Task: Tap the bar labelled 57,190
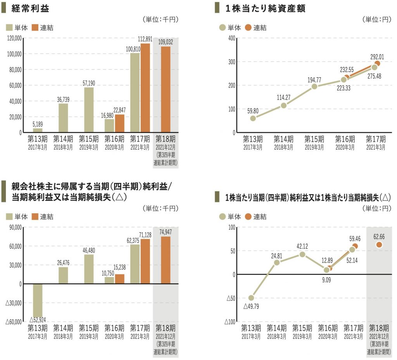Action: click(x=88, y=110)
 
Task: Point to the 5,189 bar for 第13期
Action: click(x=38, y=130)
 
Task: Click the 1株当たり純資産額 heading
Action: click(x=266, y=8)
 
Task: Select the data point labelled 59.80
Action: click(x=253, y=118)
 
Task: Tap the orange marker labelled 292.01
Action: click(x=377, y=64)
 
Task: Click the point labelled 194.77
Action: click(x=314, y=86)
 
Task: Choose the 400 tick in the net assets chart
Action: click(x=231, y=38)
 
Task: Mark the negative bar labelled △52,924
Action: click(x=38, y=300)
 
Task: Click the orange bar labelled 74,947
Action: click(x=166, y=260)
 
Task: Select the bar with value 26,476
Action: click(x=63, y=276)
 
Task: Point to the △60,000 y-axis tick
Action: click(x=13, y=322)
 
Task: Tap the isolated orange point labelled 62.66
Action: click(x=379, y=245)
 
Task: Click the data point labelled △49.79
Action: click(x=251, y=298)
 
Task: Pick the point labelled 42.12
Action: click(x=302, y=255)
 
